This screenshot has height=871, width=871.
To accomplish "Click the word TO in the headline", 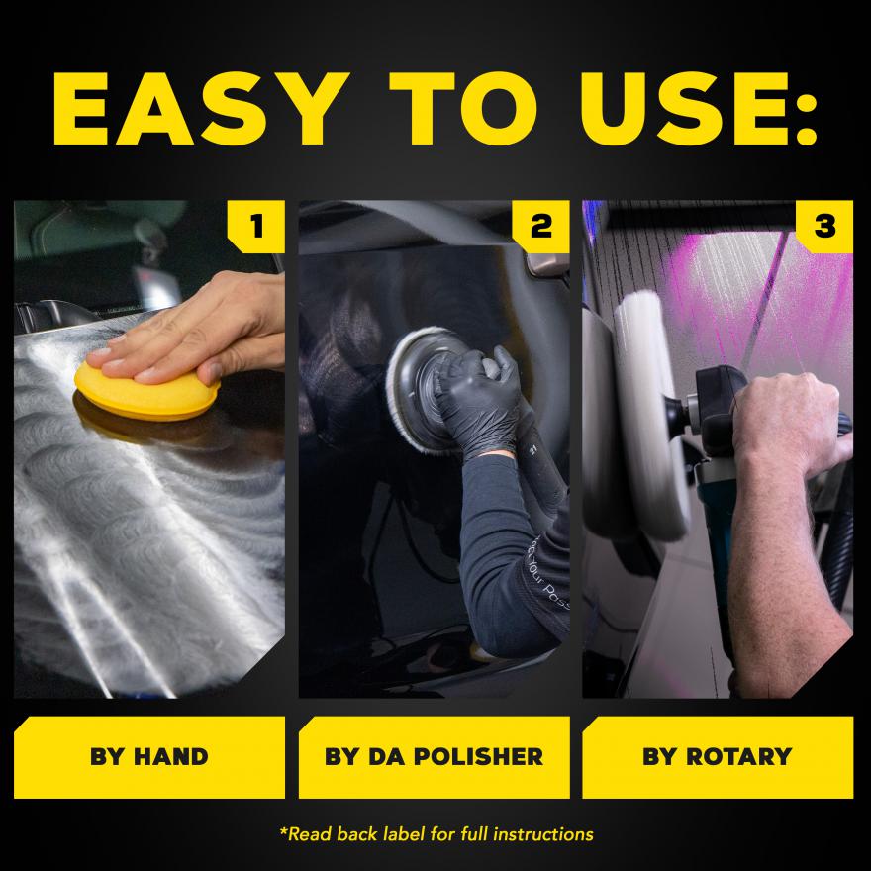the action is point(463,108).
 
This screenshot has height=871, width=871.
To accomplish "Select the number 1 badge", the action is point(256,226).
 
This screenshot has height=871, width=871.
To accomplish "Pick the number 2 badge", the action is point(541,226).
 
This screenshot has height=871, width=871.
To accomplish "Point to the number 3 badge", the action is point(824,226).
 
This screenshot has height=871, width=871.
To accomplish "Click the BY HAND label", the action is point(149,757).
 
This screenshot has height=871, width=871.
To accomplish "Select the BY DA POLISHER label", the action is point(435,757).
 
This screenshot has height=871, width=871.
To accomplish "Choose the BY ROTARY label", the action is point(718,757).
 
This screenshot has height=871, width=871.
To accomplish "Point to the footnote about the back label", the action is point(436,834).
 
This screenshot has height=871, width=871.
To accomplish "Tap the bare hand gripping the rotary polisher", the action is point(789,423).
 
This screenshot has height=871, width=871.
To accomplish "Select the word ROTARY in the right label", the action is point(738,757).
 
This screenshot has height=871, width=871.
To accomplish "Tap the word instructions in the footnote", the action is point(543,834).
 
